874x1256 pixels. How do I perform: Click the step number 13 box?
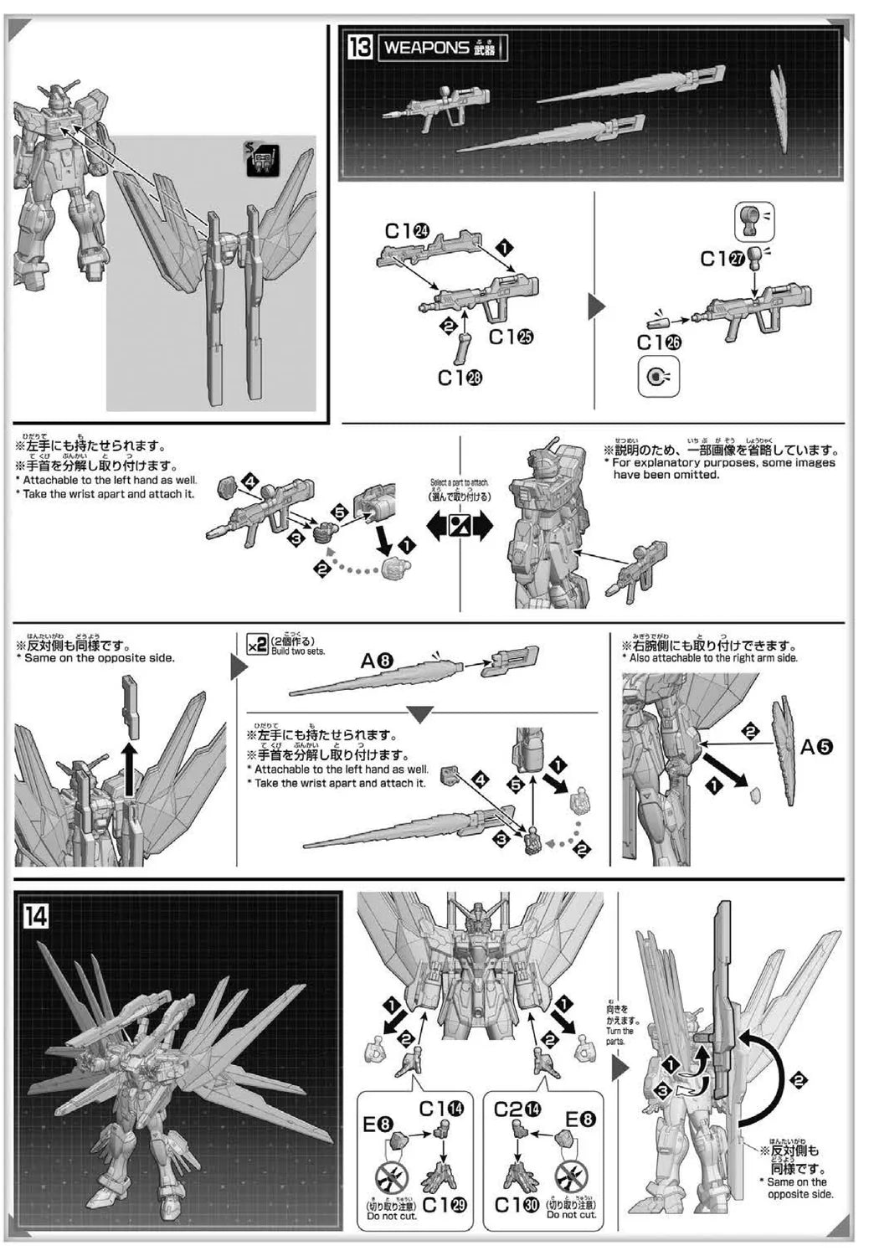point(359,48)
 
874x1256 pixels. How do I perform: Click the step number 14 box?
point(35,915)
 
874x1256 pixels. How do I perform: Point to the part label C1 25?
point(512,337)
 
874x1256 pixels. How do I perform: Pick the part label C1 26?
point(659,342)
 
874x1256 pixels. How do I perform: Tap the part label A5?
point(817,747)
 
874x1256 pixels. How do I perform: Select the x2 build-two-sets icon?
point(257,644)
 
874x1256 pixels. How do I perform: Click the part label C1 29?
point(445,1206)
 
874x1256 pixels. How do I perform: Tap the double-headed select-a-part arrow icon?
point(460,526)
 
